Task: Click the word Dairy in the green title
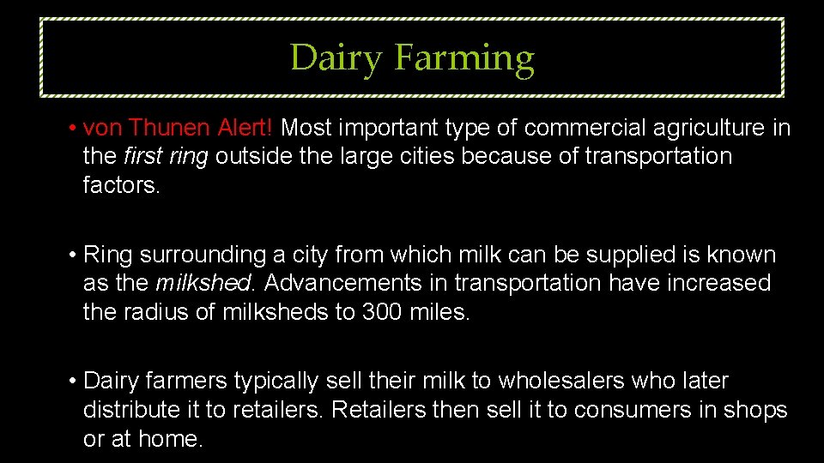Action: [x=336, y=59]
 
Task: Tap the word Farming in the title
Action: [x=464, y=59]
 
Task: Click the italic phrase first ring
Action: [x=167, y=157]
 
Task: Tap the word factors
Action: [x=120, y=185]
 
